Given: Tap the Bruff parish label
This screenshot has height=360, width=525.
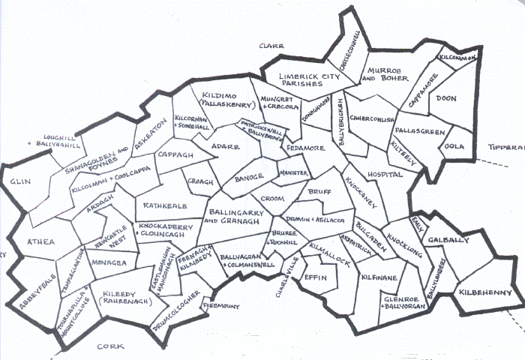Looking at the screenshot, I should click(x=319, y=191).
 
